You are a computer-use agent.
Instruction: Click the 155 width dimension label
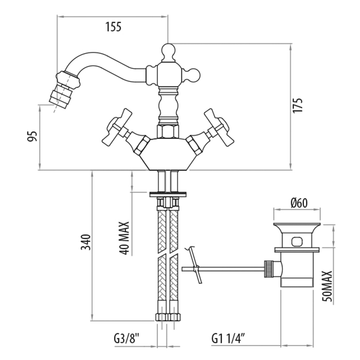pyautogui.click(x=113, y=27)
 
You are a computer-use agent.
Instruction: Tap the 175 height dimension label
pyautogui.click(x=298, y=105)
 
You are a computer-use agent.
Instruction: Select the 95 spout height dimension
pyautogui.click(x=32, y=136)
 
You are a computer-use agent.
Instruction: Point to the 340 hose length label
pyautogui.click(x=86, y=242)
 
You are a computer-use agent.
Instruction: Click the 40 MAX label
pyautogui.click(x=124, y=238)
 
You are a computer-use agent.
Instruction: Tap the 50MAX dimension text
pyautogui.click(x=328, y=286)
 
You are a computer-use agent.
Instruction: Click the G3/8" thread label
pyautogui.click(x=127, y=338)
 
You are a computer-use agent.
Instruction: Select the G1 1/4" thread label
pyautogui.click(x=228, y=338)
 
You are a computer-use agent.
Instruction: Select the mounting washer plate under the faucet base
pyautogui.click(x=168, y=194)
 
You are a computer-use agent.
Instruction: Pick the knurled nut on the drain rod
pyautogui.click(x=268, y=269)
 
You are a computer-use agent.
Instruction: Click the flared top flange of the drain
pyautogui.click(x=297, y=227)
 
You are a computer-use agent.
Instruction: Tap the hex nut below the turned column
pyautogui.click(x=168, y=132)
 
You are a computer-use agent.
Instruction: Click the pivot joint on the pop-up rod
pyautogui.click(x=196, y=269)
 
